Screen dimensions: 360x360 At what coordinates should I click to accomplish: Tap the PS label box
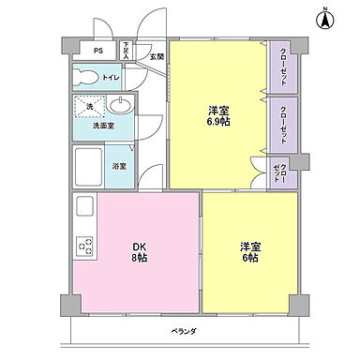click(x=97, y=52)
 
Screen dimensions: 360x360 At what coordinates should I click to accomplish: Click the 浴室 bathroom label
click(x=121, y=167)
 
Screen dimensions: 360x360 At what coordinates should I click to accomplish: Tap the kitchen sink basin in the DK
click(x=82, y=209)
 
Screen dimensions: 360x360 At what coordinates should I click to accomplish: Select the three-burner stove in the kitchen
click(x=83, y=247)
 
